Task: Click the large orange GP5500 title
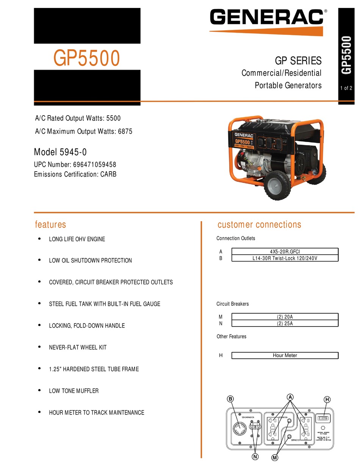87,58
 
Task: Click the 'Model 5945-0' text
60,152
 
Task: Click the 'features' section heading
50,224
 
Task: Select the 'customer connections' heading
259,224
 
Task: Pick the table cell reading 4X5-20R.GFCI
285,251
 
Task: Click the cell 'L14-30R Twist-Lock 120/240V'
285,258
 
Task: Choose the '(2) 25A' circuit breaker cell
285,324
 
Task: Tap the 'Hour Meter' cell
285,355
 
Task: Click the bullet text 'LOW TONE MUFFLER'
74,391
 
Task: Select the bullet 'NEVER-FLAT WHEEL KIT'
78,347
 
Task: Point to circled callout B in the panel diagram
230,399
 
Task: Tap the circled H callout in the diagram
327,399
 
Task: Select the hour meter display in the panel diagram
324,418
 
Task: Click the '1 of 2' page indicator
346,88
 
